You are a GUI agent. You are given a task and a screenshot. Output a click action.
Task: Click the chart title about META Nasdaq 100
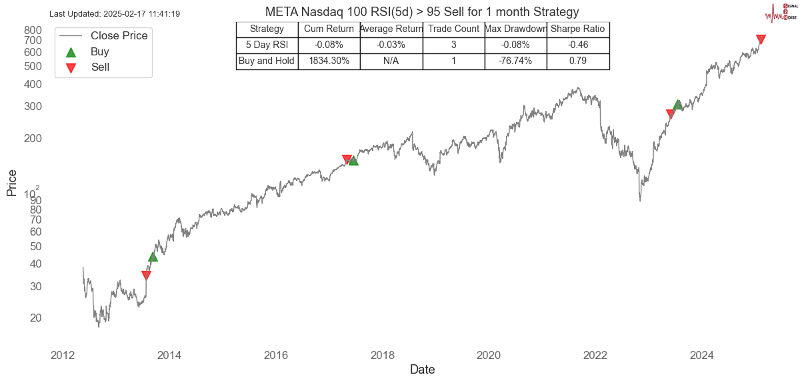coord(421,12)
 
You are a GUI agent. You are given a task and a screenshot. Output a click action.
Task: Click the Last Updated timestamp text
coord(115,14)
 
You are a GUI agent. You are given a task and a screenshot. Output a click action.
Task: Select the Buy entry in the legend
coord(100,51)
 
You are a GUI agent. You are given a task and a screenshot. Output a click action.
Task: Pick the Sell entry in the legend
coord(100,67)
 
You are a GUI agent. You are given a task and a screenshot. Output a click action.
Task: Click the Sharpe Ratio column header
coord(577,29)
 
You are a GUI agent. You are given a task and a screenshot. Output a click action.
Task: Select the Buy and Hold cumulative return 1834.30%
coord(329,61)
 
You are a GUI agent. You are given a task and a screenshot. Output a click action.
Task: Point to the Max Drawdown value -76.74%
coord(515,61)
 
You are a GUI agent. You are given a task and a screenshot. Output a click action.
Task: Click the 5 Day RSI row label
coord(267,45)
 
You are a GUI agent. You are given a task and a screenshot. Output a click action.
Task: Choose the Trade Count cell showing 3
coord(453,45)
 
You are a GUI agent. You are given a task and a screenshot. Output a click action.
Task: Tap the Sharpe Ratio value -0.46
coord(577,45)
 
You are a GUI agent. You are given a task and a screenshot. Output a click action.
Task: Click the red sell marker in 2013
coord(146,276)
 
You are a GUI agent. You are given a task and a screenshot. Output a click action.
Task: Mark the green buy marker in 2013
coord(153,257)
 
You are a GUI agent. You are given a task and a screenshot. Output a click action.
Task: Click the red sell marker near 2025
coord(761,39)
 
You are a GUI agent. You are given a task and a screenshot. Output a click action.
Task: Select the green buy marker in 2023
coord(677,105)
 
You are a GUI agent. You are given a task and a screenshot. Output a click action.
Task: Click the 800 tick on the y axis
coord(33,30)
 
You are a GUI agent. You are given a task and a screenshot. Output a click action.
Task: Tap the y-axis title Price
coord(11,183)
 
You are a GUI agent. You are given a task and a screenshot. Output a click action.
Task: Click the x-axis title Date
coord(422,370)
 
